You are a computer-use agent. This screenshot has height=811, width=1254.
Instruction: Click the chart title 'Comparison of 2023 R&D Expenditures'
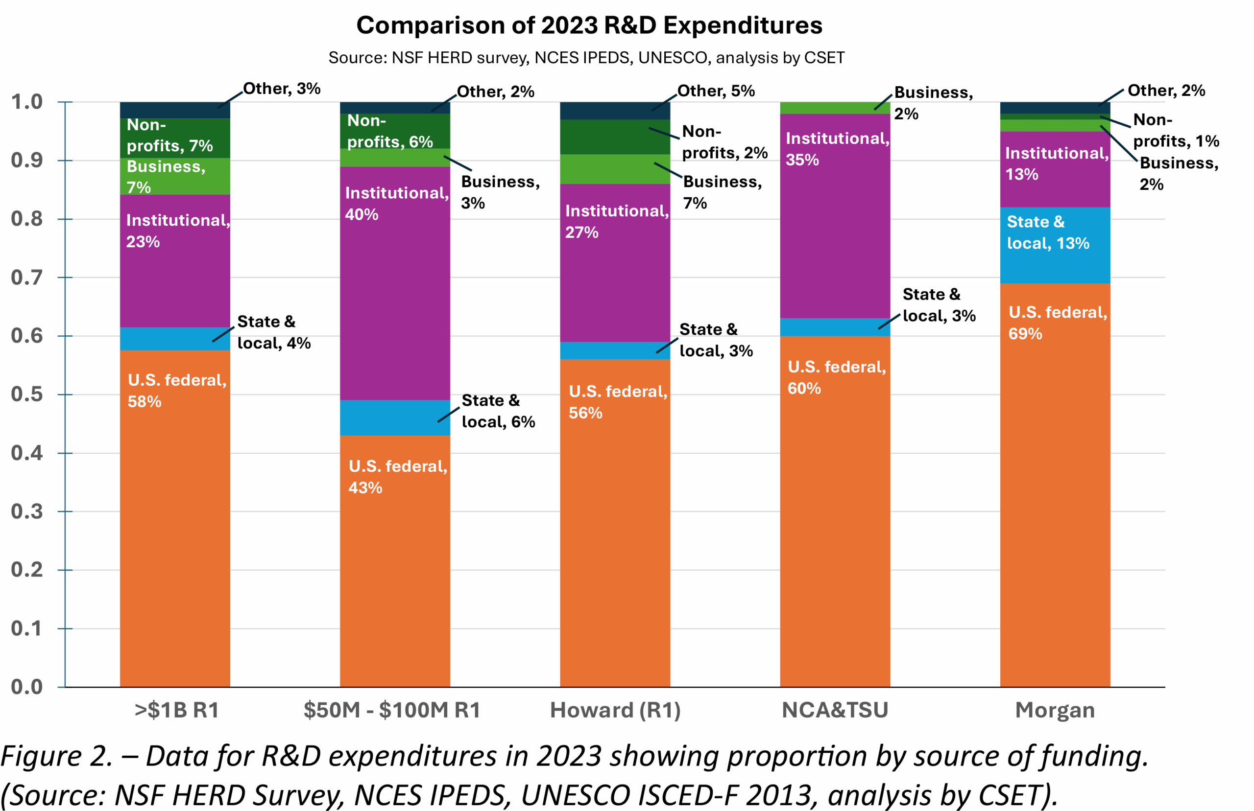[589, 25]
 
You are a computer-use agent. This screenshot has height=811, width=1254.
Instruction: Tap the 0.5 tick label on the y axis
[27, 394]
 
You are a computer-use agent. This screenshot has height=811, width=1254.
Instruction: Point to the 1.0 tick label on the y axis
[27, 102]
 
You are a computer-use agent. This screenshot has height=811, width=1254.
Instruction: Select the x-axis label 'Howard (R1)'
[615, 710]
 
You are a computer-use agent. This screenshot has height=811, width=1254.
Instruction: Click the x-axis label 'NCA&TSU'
[835, 710]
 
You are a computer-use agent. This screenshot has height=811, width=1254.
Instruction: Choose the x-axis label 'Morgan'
[1055, 710]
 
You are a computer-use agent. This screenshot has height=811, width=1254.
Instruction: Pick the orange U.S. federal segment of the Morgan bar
[1055, 500]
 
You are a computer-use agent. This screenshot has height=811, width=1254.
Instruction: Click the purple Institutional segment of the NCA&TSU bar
[835, 237]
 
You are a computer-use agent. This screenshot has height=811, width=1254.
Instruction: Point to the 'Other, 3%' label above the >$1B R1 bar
[281, 89]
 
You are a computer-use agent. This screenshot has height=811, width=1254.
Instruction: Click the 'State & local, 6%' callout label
[498, 411]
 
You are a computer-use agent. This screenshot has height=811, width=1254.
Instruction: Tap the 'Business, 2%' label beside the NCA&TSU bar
[933, 103]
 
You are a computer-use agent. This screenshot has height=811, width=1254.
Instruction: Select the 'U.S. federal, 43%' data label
[398, 477]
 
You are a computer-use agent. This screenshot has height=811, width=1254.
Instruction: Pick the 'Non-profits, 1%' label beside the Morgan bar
[1176, 131]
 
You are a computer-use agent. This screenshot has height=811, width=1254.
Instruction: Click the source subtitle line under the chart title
[586, 57]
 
